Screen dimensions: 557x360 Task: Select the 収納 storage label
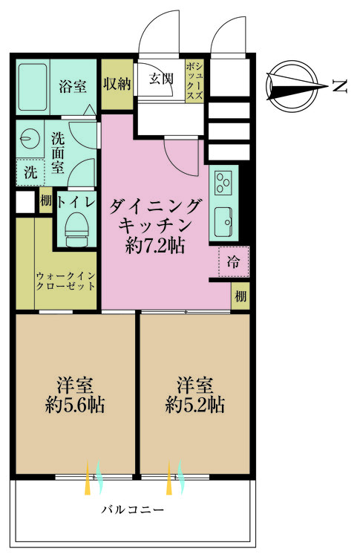click(x=117, y=83)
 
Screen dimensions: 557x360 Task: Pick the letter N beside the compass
click(x=338, y=86)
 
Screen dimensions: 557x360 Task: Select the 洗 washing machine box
click(x=30, y=173)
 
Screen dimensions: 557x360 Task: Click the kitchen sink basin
click(x=223, y=220)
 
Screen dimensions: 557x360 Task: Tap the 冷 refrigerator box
click(x=233, y=261)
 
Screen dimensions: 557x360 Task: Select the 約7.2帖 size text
click(x=155, y=246)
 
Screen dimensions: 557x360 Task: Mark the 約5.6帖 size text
click(x=74, y=405)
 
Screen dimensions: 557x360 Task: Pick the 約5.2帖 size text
click(x=195, y=405)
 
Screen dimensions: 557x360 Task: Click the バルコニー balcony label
click(x=133, y=511)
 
